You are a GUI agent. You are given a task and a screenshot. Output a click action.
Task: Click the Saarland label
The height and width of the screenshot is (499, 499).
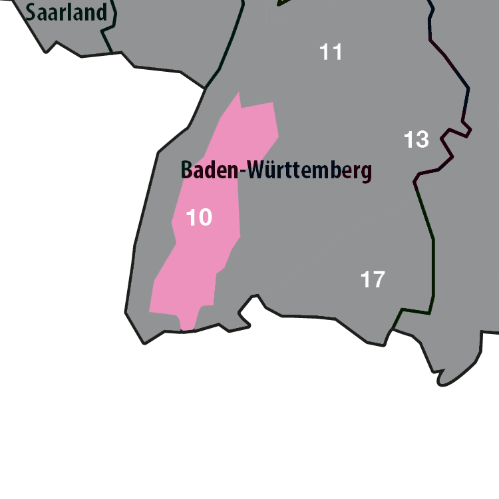[x=67, y=11]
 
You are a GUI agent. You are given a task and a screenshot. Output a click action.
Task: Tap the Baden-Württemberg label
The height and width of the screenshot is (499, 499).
[x=276, y=170]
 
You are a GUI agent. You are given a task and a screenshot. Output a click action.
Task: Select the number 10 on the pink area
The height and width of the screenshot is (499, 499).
[x=199, y=217]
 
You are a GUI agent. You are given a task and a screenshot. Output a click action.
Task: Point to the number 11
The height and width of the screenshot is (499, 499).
[x=331, y=52]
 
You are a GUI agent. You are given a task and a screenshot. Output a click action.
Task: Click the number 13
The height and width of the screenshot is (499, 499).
[x=416, y=140]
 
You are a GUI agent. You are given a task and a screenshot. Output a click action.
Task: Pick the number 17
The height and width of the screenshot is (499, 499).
[x=373, y=279]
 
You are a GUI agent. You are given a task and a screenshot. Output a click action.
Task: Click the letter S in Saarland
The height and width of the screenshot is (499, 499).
[x=31, y=11]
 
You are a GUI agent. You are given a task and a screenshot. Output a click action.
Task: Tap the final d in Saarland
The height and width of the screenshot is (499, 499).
[x=101, y=11]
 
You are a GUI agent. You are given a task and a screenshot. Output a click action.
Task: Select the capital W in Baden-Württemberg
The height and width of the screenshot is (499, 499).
[x=257, y=170]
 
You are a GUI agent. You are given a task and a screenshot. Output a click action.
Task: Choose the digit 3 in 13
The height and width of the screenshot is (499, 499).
[x=422, y=140]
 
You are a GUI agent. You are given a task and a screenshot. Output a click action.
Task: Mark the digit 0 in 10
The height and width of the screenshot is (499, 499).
[x=205, y=217]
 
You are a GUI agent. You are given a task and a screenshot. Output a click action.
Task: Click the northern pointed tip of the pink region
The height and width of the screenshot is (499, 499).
[x=238, y=93]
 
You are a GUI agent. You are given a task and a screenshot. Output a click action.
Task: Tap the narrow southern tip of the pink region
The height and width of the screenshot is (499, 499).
[x=188, y=327]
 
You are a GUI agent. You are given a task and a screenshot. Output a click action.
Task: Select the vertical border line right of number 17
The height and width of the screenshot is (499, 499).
[x=434, y=266]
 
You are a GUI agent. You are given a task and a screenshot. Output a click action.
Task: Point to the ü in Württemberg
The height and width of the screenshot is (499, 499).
[x=272, y=170]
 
